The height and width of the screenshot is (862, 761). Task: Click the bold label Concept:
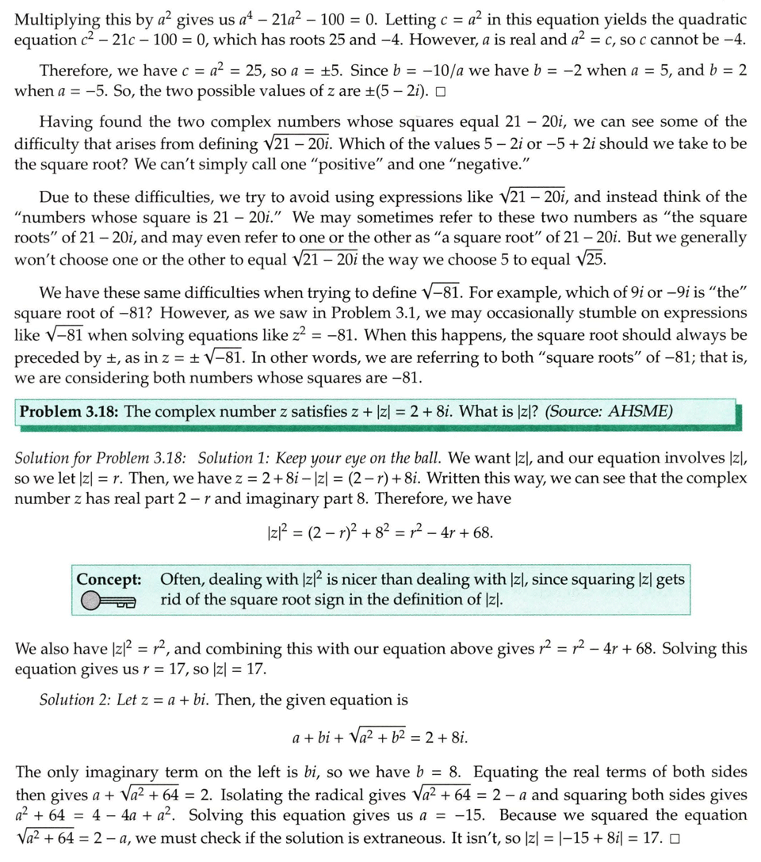point(113,579)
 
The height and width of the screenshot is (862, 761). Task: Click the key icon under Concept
point(109,604)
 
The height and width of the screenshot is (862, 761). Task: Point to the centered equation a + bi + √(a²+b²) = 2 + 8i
point(380,738)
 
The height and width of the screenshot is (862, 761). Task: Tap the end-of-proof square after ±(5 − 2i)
point(439,92)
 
